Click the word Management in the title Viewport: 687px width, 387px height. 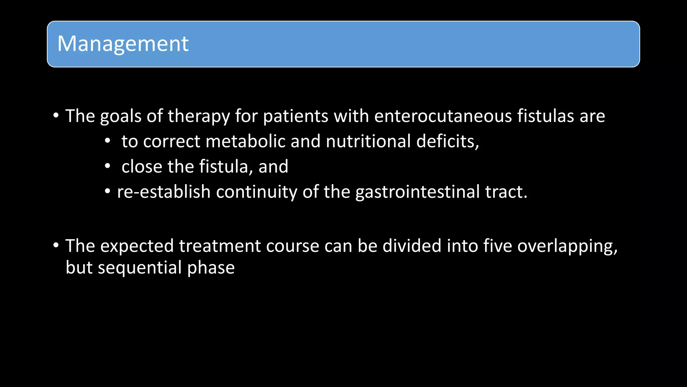pos(123,44)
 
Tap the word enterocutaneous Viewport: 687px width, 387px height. pos(443,116)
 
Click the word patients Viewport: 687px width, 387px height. pos(296,116)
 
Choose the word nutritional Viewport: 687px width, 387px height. pos(368,141)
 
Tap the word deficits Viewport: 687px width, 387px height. pos(447,141)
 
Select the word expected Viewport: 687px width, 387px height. pos(137,246)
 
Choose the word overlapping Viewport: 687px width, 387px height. pos(567,246)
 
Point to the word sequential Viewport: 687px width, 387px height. pos(140,268)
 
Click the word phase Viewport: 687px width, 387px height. pos(211,268)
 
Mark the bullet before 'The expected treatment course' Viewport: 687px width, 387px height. pos(56,245)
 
